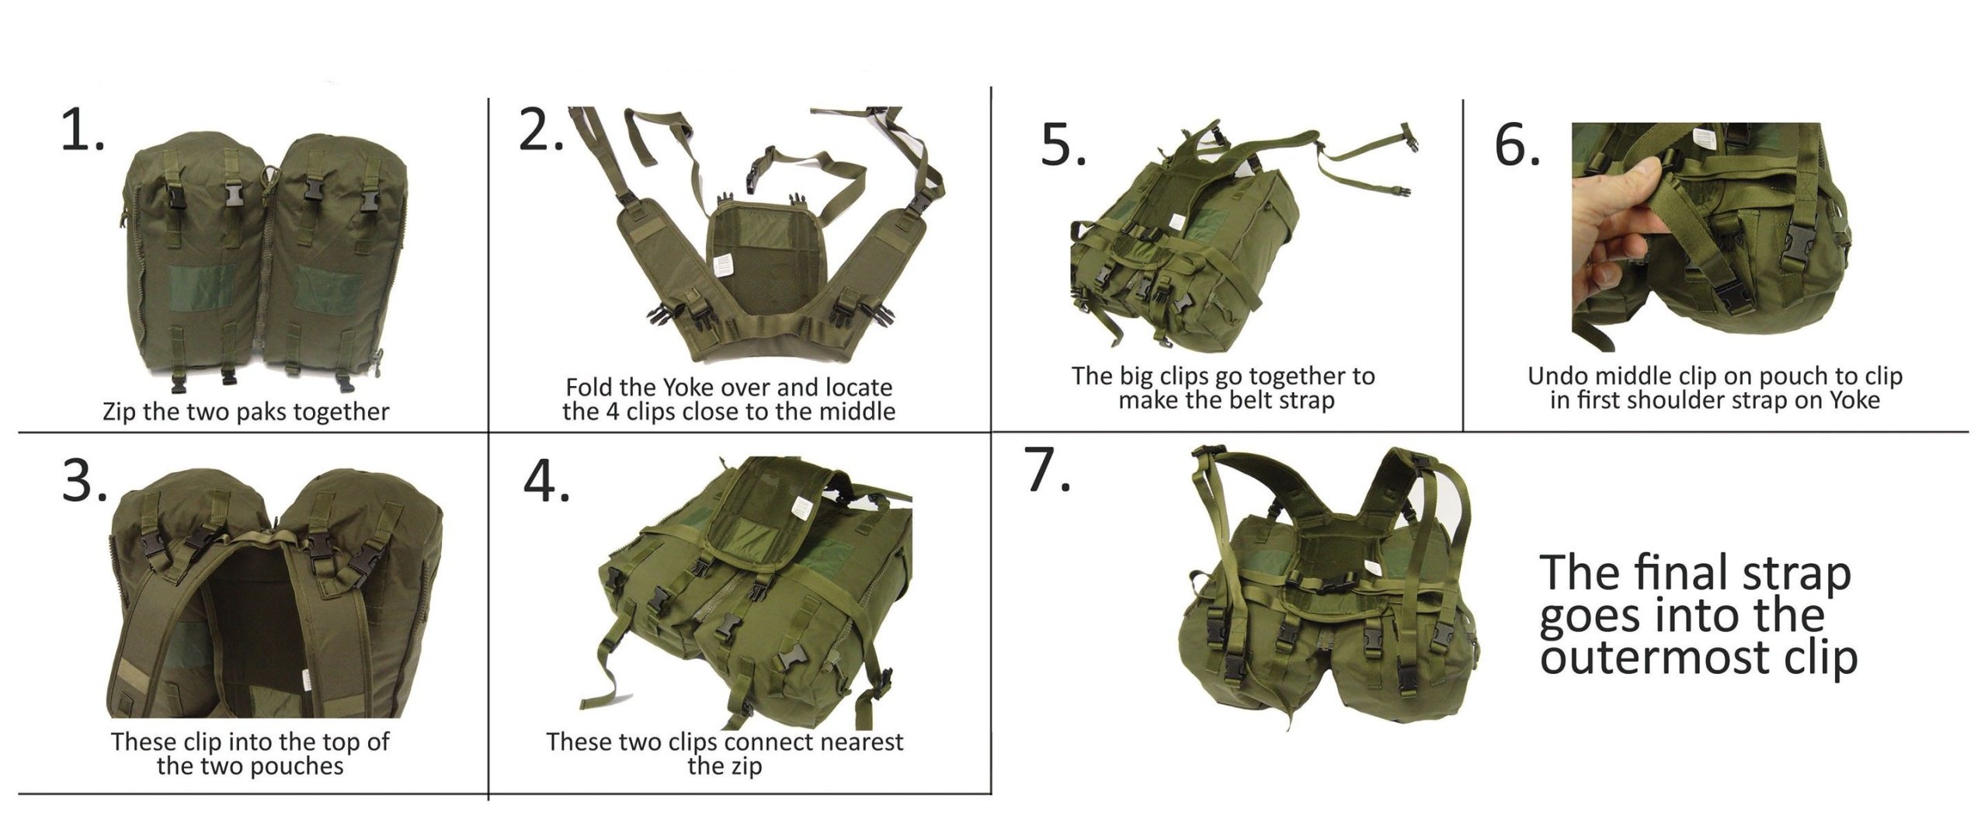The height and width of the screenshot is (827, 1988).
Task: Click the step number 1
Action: pos(82,130)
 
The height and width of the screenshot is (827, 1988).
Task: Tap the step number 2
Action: pos(540,130)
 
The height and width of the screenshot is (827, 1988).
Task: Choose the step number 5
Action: pos(1063,144)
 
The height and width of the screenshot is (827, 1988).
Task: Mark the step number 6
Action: pos(1517,144)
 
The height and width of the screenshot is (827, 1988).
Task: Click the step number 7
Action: pos(1048,470)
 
